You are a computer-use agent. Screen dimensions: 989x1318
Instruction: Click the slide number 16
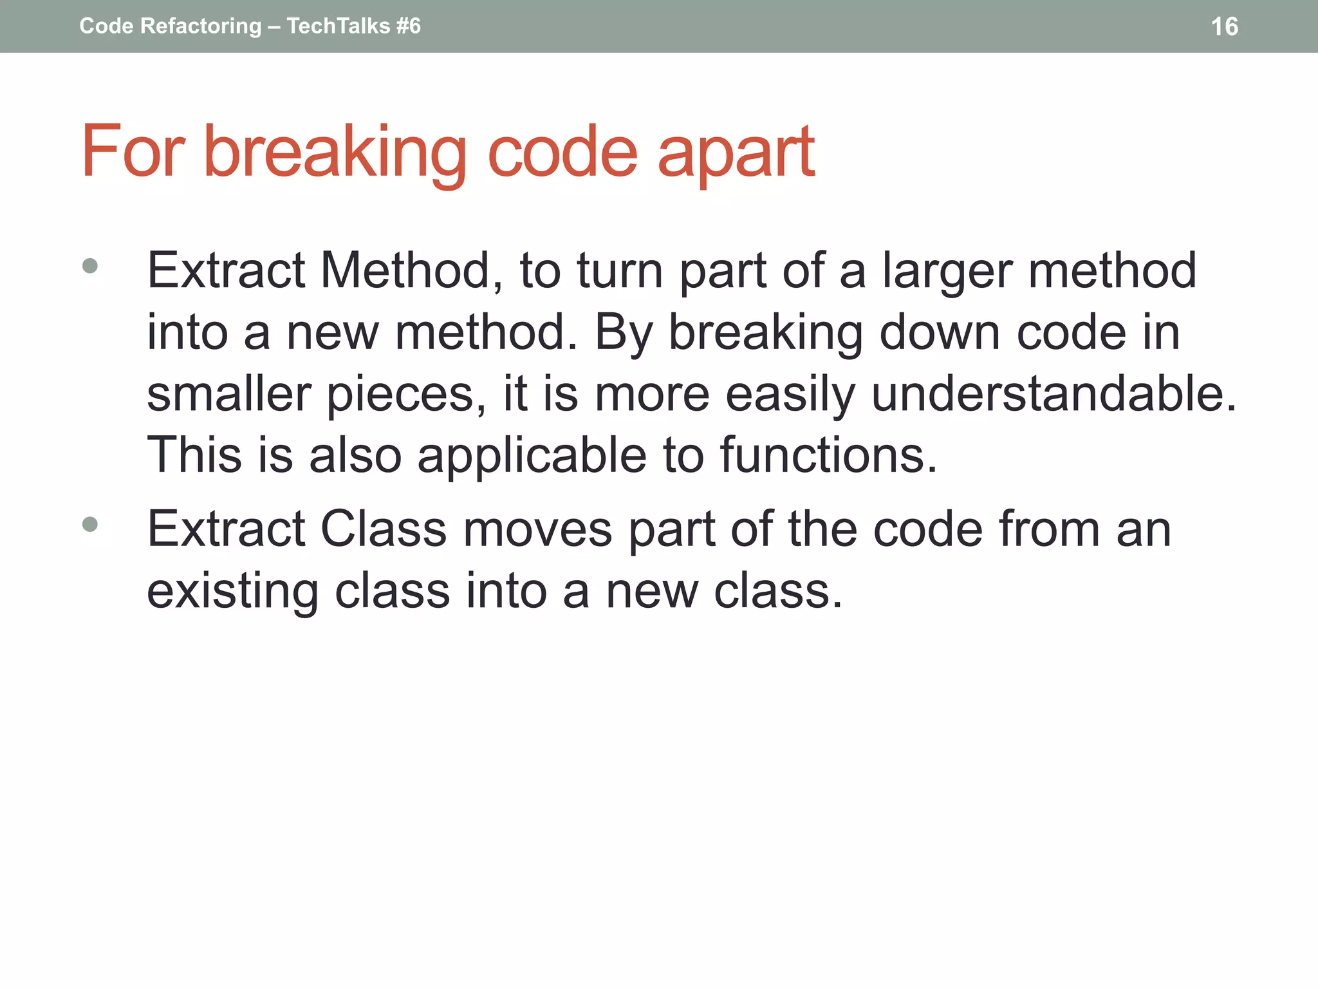[x=1224, y=26]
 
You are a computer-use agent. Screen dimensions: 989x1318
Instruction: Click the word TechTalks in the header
[x=339, y=26]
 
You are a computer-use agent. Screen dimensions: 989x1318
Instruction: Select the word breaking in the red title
[x=335, y=153]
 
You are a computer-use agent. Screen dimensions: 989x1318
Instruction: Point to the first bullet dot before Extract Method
[x=90, y=266]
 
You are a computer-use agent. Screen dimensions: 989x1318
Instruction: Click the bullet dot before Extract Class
[x=90, y=524]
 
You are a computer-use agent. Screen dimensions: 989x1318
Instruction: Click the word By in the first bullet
[x=624, y=334]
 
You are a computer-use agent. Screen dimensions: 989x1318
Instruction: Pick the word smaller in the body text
[x=229, y=393]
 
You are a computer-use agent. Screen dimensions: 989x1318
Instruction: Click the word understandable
[x=1053, y=393]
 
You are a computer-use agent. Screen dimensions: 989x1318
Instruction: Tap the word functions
[x=828, y=455]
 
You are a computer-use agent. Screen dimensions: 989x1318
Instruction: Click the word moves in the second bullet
[x=537, y=530]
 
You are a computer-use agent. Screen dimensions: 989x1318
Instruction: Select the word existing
[x=232, y=592]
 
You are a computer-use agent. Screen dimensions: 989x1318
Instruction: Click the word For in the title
[x=133, y=153]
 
